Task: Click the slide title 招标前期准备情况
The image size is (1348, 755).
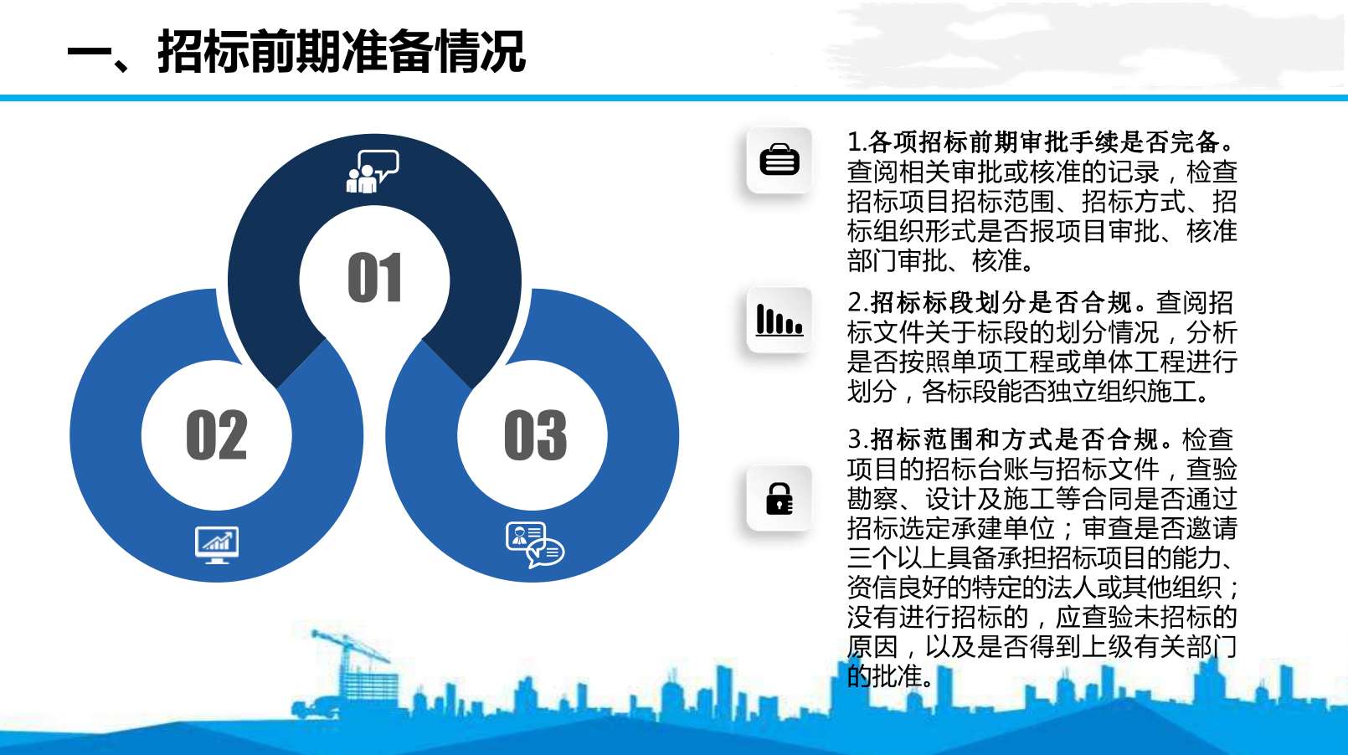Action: click(x=342, y=52)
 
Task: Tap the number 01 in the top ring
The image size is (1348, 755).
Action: click(x=374, y=277)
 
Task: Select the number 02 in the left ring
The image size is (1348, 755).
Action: click(x=217, y=434)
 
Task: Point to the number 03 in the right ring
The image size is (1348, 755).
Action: click(x=535, y=434)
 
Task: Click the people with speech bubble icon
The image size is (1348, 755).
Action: click(x=373, y=172)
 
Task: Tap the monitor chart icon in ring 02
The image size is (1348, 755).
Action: click(x=217, y=545)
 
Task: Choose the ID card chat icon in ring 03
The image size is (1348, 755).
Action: click(x=535, y=545)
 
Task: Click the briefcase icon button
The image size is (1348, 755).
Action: click(x=779, y=160)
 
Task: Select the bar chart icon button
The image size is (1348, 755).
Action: click(x=779, y=320)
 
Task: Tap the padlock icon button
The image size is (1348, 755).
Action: click(x=779, y=499)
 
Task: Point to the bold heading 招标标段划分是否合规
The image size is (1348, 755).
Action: click(x=1001, y=303)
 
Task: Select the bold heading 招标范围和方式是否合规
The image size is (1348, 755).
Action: click(x=1014, y=439)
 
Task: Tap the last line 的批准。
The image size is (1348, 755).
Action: click(x=891, y=676)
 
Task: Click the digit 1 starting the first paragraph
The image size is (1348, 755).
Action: click(x=853, y=142)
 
